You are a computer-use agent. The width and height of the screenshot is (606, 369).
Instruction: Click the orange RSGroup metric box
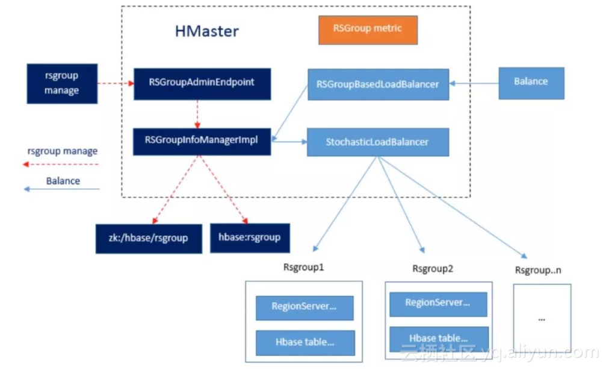368,29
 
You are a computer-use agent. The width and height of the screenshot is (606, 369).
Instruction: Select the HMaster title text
206,31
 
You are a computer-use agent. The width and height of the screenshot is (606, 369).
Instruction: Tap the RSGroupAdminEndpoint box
202,83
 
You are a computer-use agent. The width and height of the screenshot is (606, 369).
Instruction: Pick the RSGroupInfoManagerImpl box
202,140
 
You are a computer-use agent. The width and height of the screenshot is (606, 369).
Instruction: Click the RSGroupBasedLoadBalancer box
377,84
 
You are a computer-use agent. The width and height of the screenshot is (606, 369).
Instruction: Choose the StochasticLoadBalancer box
377,142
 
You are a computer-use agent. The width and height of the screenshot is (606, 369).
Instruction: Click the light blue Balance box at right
531,82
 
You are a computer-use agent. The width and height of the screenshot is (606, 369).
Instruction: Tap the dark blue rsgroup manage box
62,83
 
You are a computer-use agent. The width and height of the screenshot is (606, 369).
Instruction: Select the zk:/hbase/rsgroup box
149,238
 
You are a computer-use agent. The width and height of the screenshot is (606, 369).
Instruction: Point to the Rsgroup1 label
303,266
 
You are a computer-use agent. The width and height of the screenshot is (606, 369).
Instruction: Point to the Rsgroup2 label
432,268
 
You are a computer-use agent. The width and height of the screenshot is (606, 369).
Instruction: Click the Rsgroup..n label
538,270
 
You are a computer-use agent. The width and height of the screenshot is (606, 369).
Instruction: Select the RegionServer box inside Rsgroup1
304,307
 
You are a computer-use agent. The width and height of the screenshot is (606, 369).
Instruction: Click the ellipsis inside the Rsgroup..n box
541,318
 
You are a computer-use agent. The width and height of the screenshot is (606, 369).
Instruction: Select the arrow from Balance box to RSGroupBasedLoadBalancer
475,83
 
